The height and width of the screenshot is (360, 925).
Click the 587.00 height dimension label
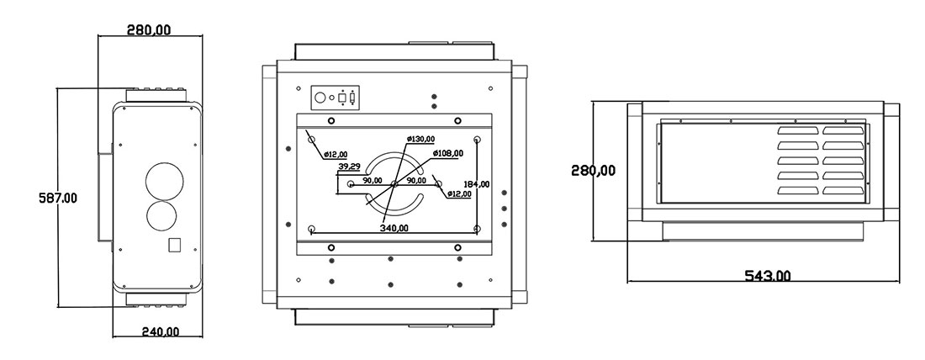tap(59, 199)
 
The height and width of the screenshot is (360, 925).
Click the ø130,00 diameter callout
tap(420, 139)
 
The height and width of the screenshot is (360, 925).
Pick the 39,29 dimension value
tap(349, 167)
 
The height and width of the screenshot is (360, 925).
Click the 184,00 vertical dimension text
tap(477, 183)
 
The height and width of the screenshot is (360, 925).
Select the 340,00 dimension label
tap(394, 228)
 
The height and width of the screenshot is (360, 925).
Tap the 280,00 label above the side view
tap(149, 29)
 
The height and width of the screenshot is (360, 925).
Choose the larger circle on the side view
tap(162, 179)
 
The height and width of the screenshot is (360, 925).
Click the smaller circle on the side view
tap(162, 215)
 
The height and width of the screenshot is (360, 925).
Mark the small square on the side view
tap(175, 245)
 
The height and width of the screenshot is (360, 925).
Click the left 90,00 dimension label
tap(372, 180)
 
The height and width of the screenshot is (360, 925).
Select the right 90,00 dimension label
tap(416, 180)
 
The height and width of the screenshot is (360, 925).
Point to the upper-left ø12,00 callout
tap(335, 154)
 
